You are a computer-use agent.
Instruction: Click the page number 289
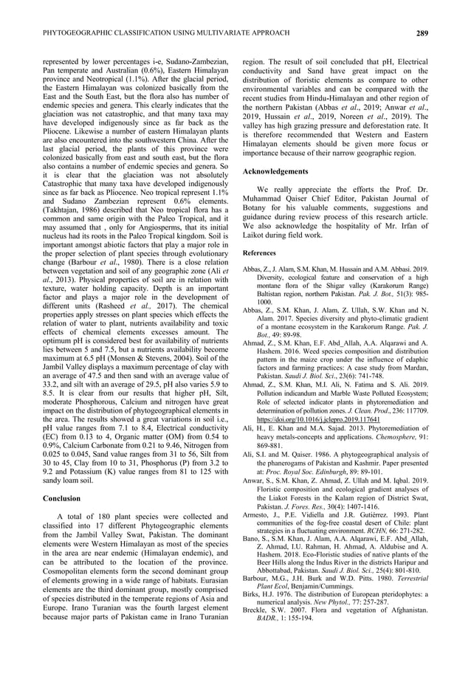pos(422,33)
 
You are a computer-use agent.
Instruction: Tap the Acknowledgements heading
pos(275,171)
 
